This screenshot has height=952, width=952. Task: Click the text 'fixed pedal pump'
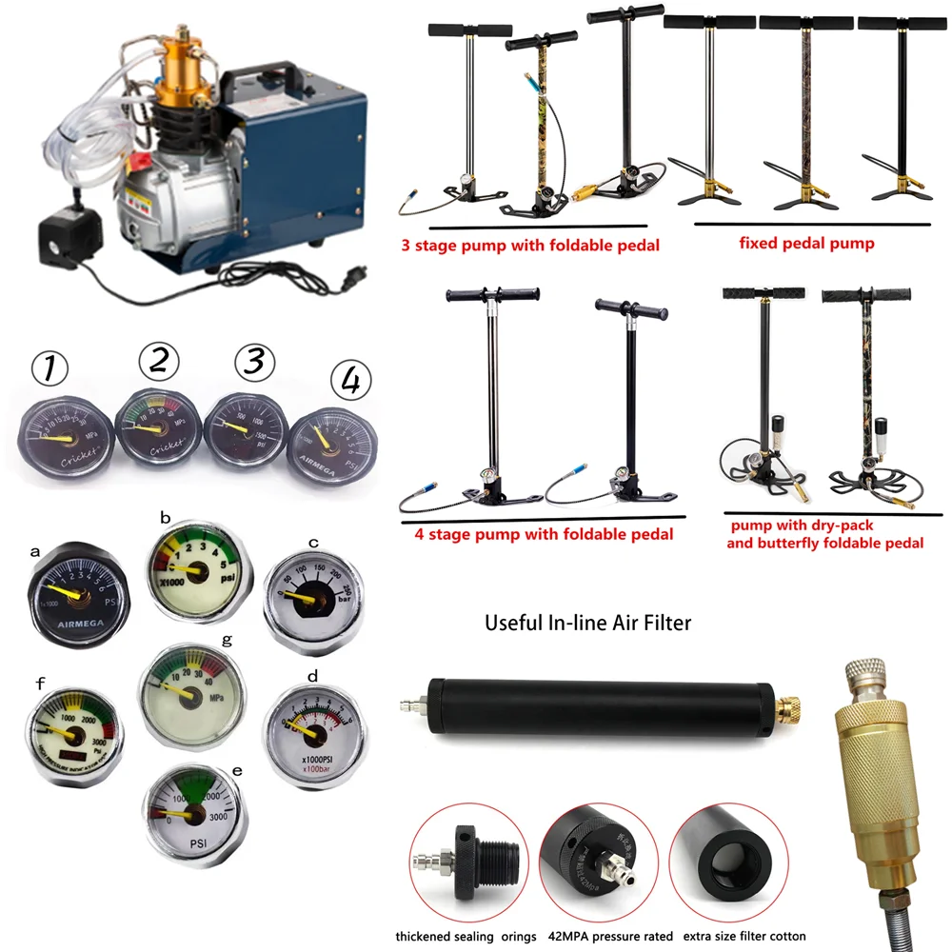tap(806, 244)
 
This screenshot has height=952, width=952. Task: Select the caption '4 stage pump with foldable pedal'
tap(544, 534)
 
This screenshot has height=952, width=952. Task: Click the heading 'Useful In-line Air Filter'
tap(587, 624)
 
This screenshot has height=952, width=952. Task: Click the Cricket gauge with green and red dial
tap(159, 428)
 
